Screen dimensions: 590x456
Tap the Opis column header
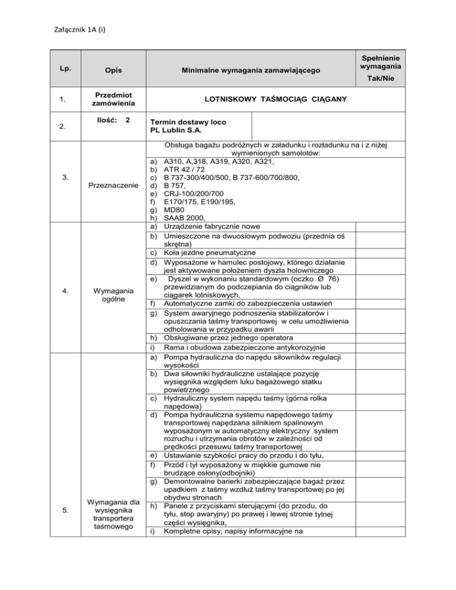coord(112,71)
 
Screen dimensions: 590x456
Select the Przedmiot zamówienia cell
coord(112,99)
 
